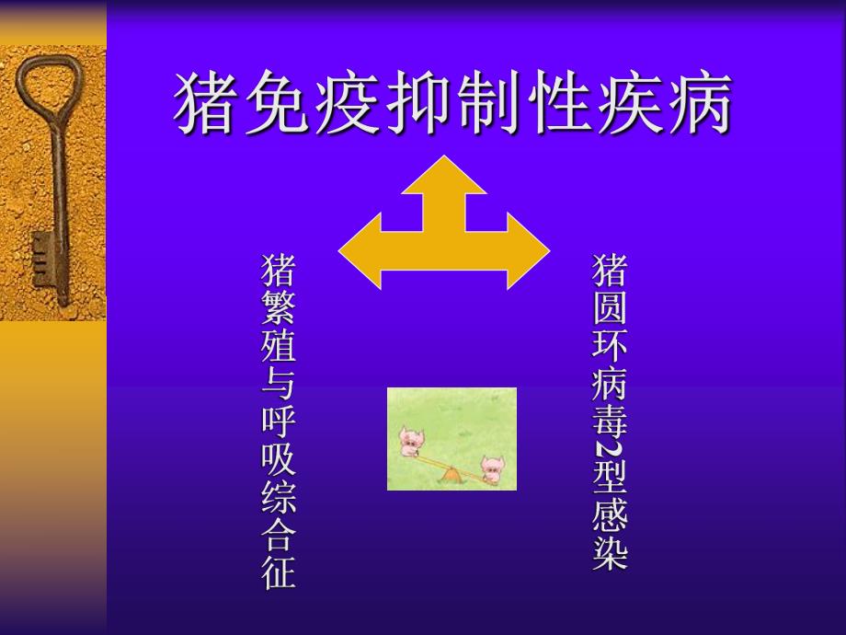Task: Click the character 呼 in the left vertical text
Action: click(x=279, y=422)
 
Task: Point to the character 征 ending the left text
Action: click(x=279, y=572)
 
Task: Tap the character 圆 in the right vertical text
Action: click(x=608, y=309)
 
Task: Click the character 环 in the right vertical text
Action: click(x=608, y=347)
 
